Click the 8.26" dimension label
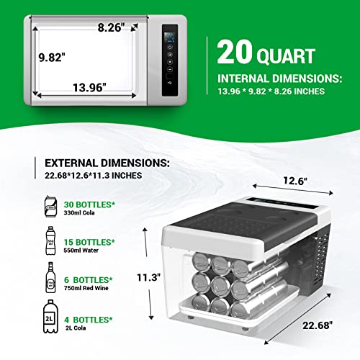pos(112,27)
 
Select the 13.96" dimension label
pos(89,88)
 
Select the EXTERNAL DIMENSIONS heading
pos(107,163)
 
